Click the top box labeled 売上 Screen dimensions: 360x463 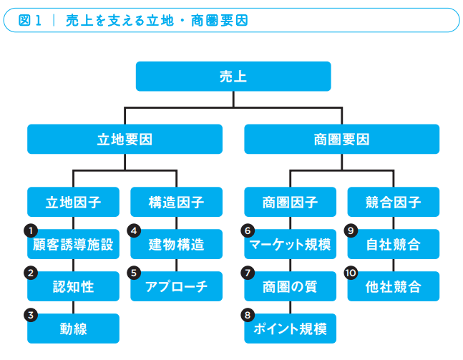pyautogui.click(x=233, y=76)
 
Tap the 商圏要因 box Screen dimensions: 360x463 pyautogui.click(x=341, y=140)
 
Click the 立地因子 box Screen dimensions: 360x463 pyautogui.click(x=73, y=203)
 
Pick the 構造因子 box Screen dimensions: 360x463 pyautogui.click(x=176, y=203)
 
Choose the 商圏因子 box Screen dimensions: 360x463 pyautogui.click(x=290, y=203)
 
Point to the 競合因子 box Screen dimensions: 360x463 pyautogui.click(x=393, y=203)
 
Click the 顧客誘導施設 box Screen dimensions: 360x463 pyautogui.click(x=73, y=245)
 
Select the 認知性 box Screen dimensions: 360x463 pyautogui.click(x=73, y=287)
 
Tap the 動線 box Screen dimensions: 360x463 pyautogui.click(x=73, y=329)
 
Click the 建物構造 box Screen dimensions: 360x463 pyautogui.click(x=176, y=245)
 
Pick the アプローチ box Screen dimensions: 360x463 pyautogui.click(x=176, y=287)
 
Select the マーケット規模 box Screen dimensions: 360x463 pyautogui.click(x=290, y=245)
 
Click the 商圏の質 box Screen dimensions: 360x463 pyautogui.click(x=290, y=287)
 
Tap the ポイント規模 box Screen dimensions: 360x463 pyautogui.click(x=290, y=329)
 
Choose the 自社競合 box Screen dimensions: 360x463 pyautogui.click(x=393, y=245)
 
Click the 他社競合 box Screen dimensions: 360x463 pyautogui.click(x=393, y=287)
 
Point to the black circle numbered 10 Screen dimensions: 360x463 pyautogui.click(x=351, y=273)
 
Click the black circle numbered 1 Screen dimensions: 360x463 pyautogui.click(x=30, y=230)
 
